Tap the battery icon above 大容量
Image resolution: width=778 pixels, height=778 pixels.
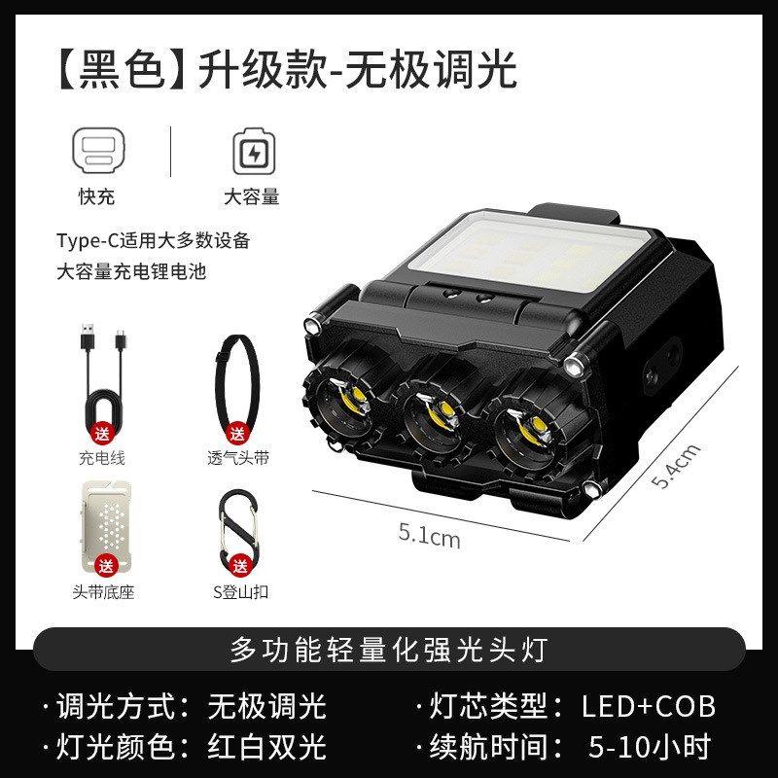[x=253, y=152]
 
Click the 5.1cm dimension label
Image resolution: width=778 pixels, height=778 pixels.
[x=429, y=534]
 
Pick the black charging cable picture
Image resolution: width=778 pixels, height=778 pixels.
[x=101, y=374]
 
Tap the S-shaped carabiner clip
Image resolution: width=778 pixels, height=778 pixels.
[x=236, y=525]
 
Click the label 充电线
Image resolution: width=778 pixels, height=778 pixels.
[x=102, y=457]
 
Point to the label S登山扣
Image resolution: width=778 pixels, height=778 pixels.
[x=237, y=592]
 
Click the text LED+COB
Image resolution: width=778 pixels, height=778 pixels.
[x=649, y=706]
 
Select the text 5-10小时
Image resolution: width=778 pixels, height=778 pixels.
[x=650, y=747]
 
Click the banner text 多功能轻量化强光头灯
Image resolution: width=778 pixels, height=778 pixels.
[x=389, y=650]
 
